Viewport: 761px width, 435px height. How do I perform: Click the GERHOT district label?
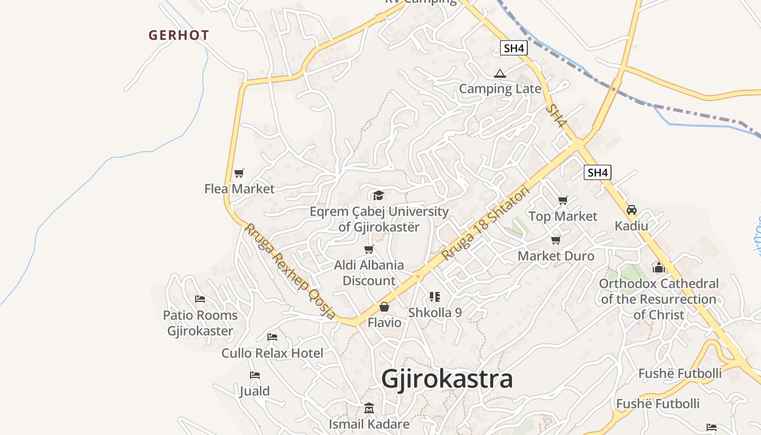coord(179,35)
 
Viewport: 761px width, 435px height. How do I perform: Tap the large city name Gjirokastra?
coord(447,379)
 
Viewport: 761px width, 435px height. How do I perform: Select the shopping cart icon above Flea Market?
coord(239,173)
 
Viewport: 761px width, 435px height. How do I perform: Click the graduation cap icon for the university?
coord(378,195)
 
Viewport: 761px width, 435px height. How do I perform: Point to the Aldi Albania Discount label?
coord(369,273)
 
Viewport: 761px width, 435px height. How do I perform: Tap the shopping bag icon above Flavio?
coord(384,307)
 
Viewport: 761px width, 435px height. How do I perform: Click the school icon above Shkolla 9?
coord(434,297)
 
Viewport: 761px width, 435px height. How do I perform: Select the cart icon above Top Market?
coord(563,201)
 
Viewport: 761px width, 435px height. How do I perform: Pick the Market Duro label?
coord(556,256)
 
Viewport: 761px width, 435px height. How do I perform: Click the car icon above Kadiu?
coord(632,210)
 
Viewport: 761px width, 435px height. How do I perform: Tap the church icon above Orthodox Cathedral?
coord(659,268)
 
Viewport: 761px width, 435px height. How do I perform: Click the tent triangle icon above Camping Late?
coord(500,73)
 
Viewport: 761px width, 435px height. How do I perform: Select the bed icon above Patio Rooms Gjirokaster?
coord(200,299)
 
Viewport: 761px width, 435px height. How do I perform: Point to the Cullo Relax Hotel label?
coord(272,353)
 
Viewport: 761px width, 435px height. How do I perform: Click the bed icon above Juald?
coord(254,375)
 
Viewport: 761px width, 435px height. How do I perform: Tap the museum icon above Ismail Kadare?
coord(369,408)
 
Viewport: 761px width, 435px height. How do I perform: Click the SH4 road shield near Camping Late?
coord(514,48)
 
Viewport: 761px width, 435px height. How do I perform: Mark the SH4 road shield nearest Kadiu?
coord(597,173)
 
